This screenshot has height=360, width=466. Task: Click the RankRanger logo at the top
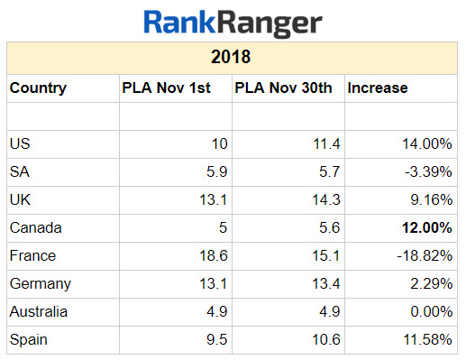[233, 22]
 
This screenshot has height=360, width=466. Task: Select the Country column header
[37, 88]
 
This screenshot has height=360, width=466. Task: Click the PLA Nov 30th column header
[282, 88]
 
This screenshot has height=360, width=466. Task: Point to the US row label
[19, 144]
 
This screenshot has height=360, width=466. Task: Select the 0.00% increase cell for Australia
[431, 312]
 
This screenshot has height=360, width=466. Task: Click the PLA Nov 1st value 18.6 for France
[214, 256]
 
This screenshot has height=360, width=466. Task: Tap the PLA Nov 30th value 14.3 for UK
[325, 200]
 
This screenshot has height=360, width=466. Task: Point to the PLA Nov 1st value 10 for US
[220, 144]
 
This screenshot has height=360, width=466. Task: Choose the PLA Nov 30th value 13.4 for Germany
[325, 284]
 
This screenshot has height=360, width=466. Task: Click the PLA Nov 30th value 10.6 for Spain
[325, 340]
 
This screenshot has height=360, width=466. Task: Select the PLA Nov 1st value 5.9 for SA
[217, 172]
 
